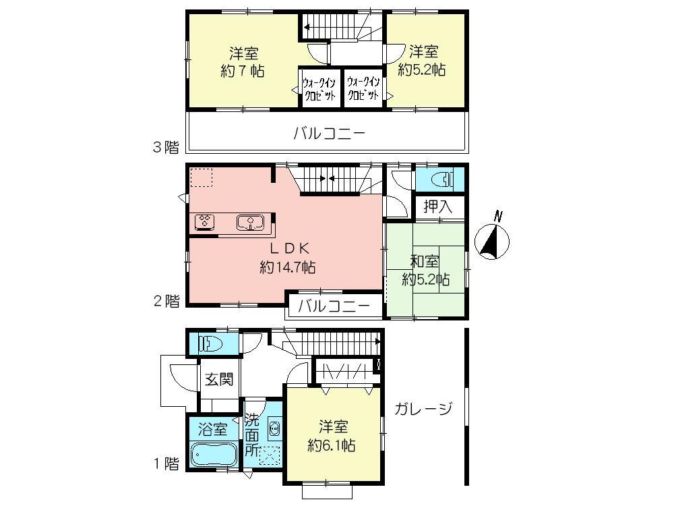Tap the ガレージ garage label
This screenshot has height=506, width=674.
[x=422, y=409]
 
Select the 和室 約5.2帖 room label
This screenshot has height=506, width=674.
[x=426, y=270]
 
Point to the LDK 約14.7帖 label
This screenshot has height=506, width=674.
[x=288, y=258]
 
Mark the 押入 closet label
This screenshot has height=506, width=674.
[x=438, y=206]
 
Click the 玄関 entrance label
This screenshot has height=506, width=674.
[x=219, y=380]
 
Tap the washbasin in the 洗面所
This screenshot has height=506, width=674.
[x=274, y=429]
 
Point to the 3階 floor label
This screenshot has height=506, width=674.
[x=166, y=147]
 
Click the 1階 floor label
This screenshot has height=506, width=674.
[x=166, y=463]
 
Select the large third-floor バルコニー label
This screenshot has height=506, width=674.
[x=329, y=134]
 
